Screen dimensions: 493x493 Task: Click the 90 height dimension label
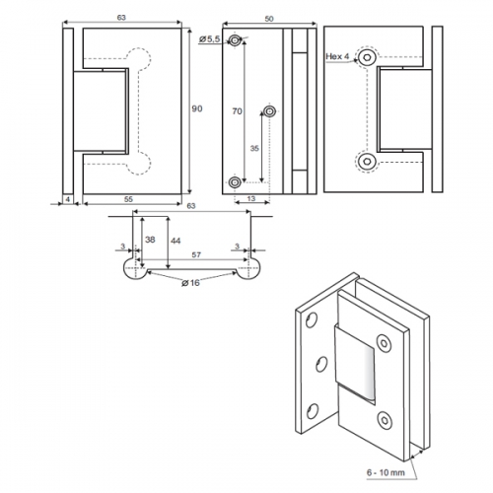(197, 108)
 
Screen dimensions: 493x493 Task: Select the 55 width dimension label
(128, 199)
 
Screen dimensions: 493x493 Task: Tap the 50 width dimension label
(269, 19)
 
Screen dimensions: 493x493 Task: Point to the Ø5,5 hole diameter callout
(209, 39)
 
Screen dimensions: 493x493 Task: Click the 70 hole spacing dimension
(237, 111)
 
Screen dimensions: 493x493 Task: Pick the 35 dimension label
(254, 148)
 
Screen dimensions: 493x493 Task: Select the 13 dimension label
(250, 198)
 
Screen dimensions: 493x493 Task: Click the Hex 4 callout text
(337, 56)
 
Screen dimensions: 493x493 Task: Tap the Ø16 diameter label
(190, 283)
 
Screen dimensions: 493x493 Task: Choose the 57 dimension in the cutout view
(196, 254)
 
